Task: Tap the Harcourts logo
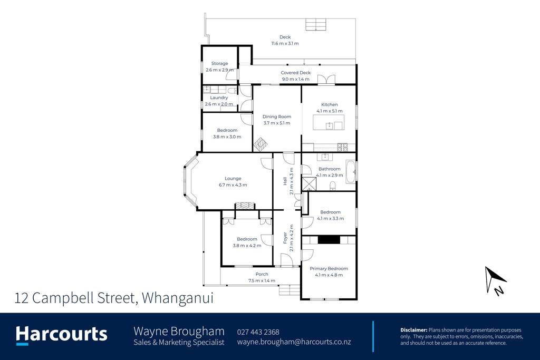[x=62, y=335]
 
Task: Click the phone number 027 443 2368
[x=258, y=332]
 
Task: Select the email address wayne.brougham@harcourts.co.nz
[x=294, y=342]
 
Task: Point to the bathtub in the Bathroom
[x=351, y=171]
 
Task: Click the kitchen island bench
[x=328, y=122]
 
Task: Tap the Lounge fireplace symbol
[x=245, y=206]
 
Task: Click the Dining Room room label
[x=277, y=116]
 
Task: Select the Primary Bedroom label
[x=329, y=268]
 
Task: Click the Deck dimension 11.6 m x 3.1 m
[x=285, y=43]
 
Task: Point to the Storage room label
[x=220, y=64]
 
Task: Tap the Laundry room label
[x=219, y=98]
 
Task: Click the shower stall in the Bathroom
[x=309, y=184]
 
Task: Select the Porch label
[x=262, y=274]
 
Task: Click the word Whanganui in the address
[x=178, y=298]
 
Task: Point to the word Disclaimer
[x=413, y=330]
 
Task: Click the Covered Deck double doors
[x=326, y=80]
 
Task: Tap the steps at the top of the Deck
[x=316, y=25]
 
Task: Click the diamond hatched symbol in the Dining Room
[x=261, y=144]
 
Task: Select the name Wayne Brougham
[x=179, y=331]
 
